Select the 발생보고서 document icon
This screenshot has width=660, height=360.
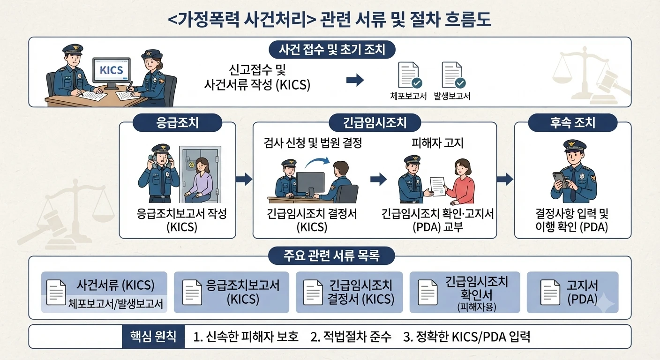453,75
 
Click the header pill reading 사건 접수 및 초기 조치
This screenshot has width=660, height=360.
332,50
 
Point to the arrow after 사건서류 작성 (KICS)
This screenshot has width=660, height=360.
355,80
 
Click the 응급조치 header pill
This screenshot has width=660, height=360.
177,122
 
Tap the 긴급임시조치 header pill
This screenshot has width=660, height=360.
375,122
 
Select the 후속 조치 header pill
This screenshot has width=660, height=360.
572,122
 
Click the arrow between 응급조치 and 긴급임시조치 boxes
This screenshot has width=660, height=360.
244,179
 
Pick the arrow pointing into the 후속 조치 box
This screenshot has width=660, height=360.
505,179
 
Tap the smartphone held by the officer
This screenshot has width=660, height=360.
560,180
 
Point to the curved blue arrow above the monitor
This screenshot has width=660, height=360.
317,162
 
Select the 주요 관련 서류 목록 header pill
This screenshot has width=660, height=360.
331,255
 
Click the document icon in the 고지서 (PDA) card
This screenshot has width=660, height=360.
550,292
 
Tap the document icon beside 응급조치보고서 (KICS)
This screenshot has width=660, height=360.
192,292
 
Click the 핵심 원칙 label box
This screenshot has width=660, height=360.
153,337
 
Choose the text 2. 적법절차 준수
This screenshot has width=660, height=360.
351,337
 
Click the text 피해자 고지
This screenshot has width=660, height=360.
437,143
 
